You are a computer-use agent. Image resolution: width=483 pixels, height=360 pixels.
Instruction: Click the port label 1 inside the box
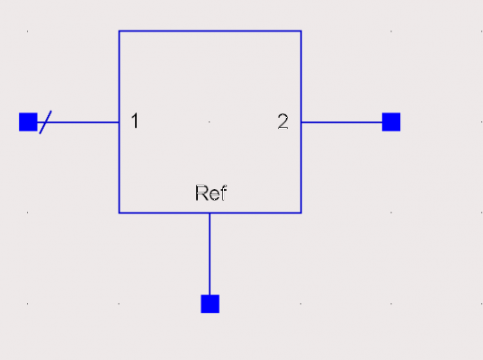(x=135, y=121)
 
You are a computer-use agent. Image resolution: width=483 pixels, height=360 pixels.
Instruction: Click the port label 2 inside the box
(x=283, y=121)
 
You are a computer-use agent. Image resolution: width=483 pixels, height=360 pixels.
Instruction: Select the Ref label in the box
(x=211, y=193)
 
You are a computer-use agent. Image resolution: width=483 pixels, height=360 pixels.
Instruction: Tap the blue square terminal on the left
(x=28, y=122)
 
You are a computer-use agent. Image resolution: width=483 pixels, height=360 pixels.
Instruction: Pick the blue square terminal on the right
(x=391, y=122)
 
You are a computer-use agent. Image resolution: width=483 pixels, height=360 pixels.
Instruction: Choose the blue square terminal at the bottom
(x=210, y=304)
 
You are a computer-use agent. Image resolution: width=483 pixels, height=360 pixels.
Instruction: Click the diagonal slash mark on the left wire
(x=46, y=122)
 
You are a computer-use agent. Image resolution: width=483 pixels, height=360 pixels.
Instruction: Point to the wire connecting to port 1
(x=78, y=122)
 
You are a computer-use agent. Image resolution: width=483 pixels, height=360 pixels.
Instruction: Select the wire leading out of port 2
(x=342, y=122)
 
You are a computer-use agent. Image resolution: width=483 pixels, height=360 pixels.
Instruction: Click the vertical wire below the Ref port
(x=210, y=254)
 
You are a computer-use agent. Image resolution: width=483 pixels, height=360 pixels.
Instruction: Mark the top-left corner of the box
(x=120, y=31)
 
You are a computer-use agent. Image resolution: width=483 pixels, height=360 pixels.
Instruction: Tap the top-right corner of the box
(x=301, y=31)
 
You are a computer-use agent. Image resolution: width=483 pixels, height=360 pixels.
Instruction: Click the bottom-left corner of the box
(x=120, y=212)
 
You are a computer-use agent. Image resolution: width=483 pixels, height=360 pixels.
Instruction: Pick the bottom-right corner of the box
(x=301, y=212)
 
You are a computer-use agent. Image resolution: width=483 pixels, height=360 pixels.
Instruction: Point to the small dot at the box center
(x=210, y=122)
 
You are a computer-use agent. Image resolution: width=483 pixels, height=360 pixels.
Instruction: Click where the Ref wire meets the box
(x=210, y=212)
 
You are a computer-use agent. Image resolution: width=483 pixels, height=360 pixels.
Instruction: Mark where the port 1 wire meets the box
(x=120, y=122)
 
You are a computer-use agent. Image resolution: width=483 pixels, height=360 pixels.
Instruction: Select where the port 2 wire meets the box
(x=301, y=122)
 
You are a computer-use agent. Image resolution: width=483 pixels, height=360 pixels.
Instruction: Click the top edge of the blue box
(x=210, y=31)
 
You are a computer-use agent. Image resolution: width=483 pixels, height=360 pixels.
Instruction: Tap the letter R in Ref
(x=201, y=193)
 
